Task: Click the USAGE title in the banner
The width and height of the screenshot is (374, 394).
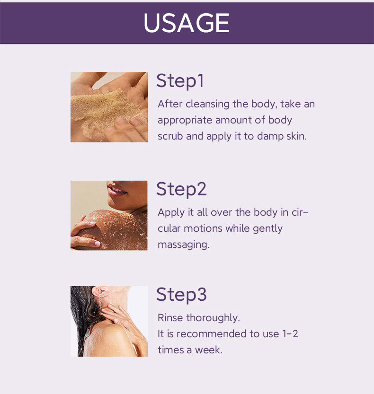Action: pos(187,23)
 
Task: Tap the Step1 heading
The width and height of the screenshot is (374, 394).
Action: pos(180,81)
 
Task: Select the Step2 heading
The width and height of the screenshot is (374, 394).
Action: pos(181,189)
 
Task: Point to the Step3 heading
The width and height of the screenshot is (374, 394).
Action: pos(181,295)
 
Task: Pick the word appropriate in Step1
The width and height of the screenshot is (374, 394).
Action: pos(185,121)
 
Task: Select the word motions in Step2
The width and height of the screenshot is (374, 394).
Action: pos(203,228)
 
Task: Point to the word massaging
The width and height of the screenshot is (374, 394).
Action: pos(184,245)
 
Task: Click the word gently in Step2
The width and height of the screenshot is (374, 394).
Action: pos(267,229)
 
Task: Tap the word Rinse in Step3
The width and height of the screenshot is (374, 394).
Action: pos(170,318)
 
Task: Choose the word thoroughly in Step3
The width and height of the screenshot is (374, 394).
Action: pos(213,318)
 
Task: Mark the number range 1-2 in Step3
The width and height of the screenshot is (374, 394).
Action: pos(290,334)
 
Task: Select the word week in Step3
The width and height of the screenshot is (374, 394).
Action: pos(209,350)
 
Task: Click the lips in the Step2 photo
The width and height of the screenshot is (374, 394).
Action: pos(116,190)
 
